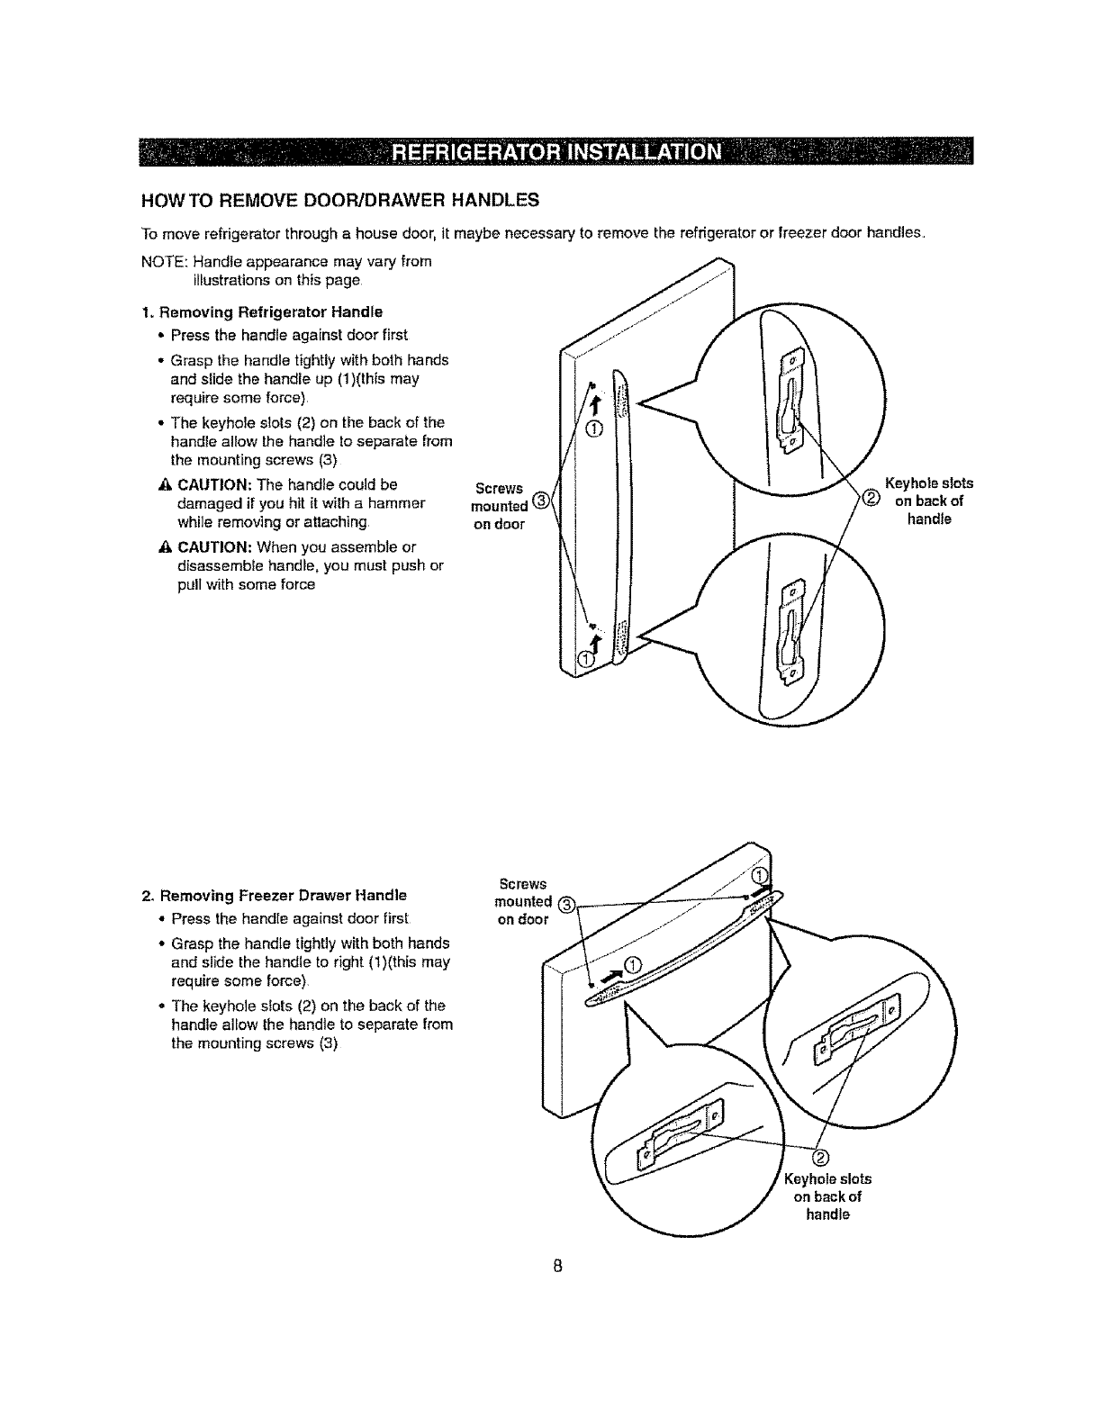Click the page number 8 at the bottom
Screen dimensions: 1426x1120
tap(558, 1266)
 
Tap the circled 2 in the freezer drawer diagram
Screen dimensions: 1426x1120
tap(820, 1157)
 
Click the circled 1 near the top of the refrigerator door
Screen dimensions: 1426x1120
tap(592, 427)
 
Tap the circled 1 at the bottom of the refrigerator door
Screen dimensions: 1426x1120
tap(585, 663)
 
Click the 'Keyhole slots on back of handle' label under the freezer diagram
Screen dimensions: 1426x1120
tap(827, 1196)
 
